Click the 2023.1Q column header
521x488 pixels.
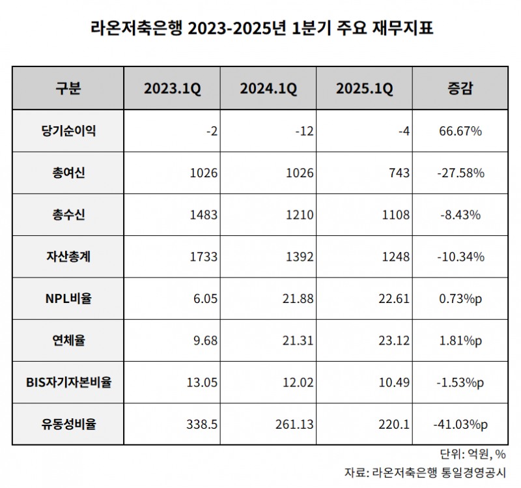(172, 89)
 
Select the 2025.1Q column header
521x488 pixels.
(364, 89)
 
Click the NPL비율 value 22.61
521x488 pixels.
(395, 298)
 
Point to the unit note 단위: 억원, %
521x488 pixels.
(473, 454)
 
